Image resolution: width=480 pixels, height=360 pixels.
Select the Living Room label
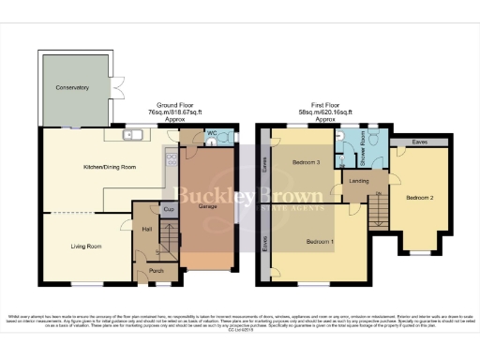point(85,247)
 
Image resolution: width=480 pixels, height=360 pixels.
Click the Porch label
point(156,271)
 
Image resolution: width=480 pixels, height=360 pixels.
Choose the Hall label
point(147,227)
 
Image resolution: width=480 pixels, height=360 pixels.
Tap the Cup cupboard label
point(168,209)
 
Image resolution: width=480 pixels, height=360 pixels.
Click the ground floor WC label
point(212,134)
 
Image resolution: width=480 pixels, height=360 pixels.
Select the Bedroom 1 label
point(320,241)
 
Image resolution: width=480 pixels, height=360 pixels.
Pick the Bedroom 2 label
point(419,198)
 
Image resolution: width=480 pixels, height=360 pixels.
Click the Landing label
point(358,181)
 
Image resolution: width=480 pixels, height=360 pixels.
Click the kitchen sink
point(134,136)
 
